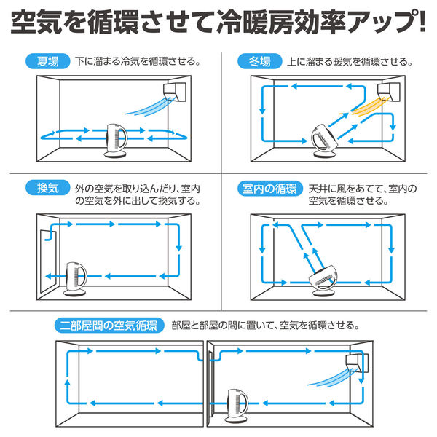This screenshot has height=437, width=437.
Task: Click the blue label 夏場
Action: click(x=47, y=61)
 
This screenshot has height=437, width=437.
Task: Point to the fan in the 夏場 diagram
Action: click(x=114, y=141)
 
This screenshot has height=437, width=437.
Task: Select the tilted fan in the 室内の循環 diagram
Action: click(x=326, y=280)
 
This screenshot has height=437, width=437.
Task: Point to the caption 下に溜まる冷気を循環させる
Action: click(x=138, y=61)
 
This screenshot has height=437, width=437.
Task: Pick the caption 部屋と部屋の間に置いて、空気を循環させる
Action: click(x=265, y=325)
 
